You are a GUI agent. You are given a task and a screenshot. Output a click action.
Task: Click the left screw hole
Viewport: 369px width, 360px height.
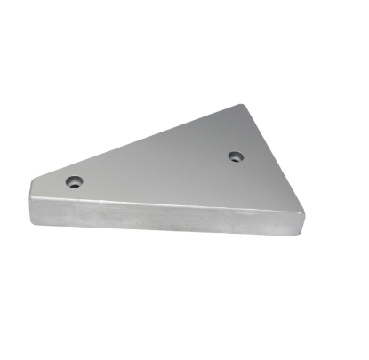[x=74, y=181]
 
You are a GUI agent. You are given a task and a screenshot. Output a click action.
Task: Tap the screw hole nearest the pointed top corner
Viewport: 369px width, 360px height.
[x=235, y=156]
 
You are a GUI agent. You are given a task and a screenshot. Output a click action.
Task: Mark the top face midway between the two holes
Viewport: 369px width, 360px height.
[x=155, y=169]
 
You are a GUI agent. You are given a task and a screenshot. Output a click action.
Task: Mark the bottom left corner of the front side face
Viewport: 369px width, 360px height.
[x=33, y=222]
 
